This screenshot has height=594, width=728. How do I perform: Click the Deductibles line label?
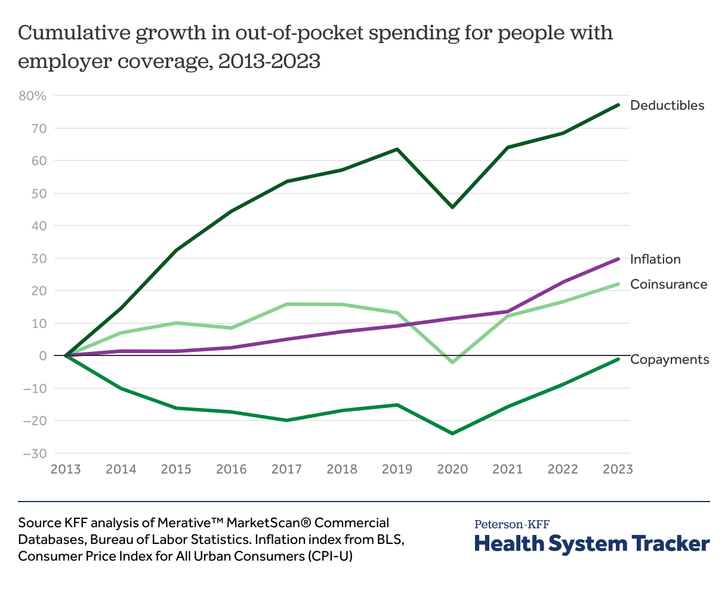tap(667, 106)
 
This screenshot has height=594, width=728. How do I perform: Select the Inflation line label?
tap(655, 259)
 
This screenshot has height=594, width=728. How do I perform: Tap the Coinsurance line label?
tap(668, 284)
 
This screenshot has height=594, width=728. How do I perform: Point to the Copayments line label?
tap(670, 360)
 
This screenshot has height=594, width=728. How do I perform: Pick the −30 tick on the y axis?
tap(35, 453)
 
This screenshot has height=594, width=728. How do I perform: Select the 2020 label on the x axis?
tap(452, 469)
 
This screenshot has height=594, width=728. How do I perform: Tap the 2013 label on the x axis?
tap(66, 469)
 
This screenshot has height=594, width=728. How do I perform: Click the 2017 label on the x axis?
tap(286, 469)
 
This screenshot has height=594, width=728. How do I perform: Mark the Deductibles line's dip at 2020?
tap(452, 207)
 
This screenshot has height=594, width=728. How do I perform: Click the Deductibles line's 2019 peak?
tap(397, 149)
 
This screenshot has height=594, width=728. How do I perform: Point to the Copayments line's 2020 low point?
tap(452, 433)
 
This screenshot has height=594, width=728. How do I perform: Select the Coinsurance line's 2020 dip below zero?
tap(452, 362)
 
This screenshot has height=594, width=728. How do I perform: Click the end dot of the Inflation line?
tap(618, 259)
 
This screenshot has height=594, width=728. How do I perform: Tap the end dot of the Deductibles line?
tap(618, 105)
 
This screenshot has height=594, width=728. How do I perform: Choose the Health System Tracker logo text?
tap(592, 544)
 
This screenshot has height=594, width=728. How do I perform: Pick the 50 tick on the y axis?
tap(39, 193)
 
